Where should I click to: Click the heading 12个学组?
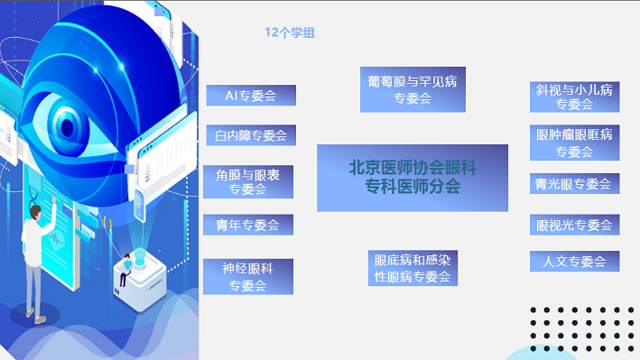[290, 32]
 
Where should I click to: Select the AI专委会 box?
[251, 96]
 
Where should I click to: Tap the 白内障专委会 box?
[251, 135]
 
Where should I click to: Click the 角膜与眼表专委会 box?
[248, 181]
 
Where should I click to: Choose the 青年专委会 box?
[248, 225]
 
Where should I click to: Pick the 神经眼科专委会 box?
[248, 277]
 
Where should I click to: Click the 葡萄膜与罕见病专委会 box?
[413, 89]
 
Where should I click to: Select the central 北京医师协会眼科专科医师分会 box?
[413, 178]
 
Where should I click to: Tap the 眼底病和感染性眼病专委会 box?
[413, 268]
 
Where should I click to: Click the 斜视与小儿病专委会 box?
[575, 97]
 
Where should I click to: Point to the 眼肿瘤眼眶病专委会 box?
[575, 143]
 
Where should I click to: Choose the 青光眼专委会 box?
[575, 184]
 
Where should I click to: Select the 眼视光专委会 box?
[575, 225]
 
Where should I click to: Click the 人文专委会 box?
[575, 262]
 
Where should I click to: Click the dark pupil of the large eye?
[68, 128]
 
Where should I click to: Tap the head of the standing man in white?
[36, 212]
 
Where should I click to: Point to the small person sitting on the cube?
[125, 270]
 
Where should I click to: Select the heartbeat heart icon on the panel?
[56, 238]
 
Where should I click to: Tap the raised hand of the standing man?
[53, 200]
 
